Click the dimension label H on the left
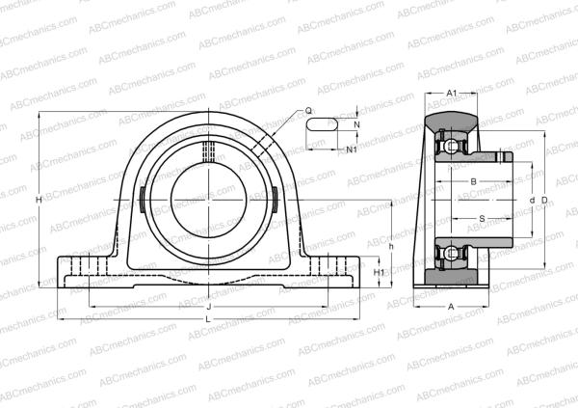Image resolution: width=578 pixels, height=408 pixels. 38,200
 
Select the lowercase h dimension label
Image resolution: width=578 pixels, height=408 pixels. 391,246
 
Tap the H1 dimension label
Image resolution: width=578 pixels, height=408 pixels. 379,273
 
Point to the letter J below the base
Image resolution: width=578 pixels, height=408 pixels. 209,308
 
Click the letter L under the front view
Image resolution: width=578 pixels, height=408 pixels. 209,319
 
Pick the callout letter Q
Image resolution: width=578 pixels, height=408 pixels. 308,111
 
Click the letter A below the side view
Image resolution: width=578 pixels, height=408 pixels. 451,306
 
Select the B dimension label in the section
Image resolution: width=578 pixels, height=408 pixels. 472,181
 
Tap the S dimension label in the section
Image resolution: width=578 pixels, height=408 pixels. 482,218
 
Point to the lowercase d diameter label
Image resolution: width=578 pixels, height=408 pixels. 533,200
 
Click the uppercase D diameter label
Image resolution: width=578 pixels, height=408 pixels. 545,200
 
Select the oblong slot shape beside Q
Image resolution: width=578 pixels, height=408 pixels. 322,123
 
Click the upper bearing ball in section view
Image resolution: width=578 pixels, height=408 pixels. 448,147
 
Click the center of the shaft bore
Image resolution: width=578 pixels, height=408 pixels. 209,200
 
